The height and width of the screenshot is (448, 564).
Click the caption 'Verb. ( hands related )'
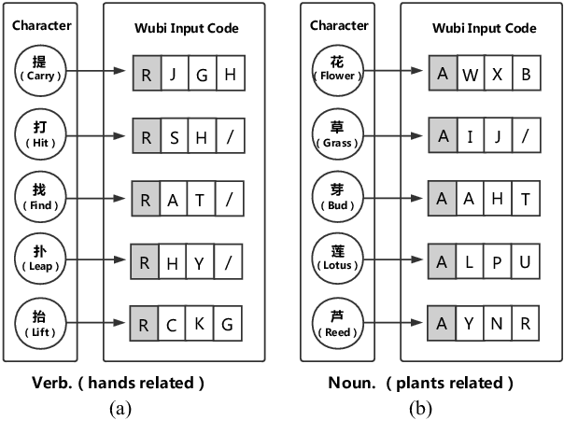(x=133, y=383)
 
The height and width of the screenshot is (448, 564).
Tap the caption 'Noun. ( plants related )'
(x=420, y=383)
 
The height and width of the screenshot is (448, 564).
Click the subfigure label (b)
(x=422, y=408)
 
